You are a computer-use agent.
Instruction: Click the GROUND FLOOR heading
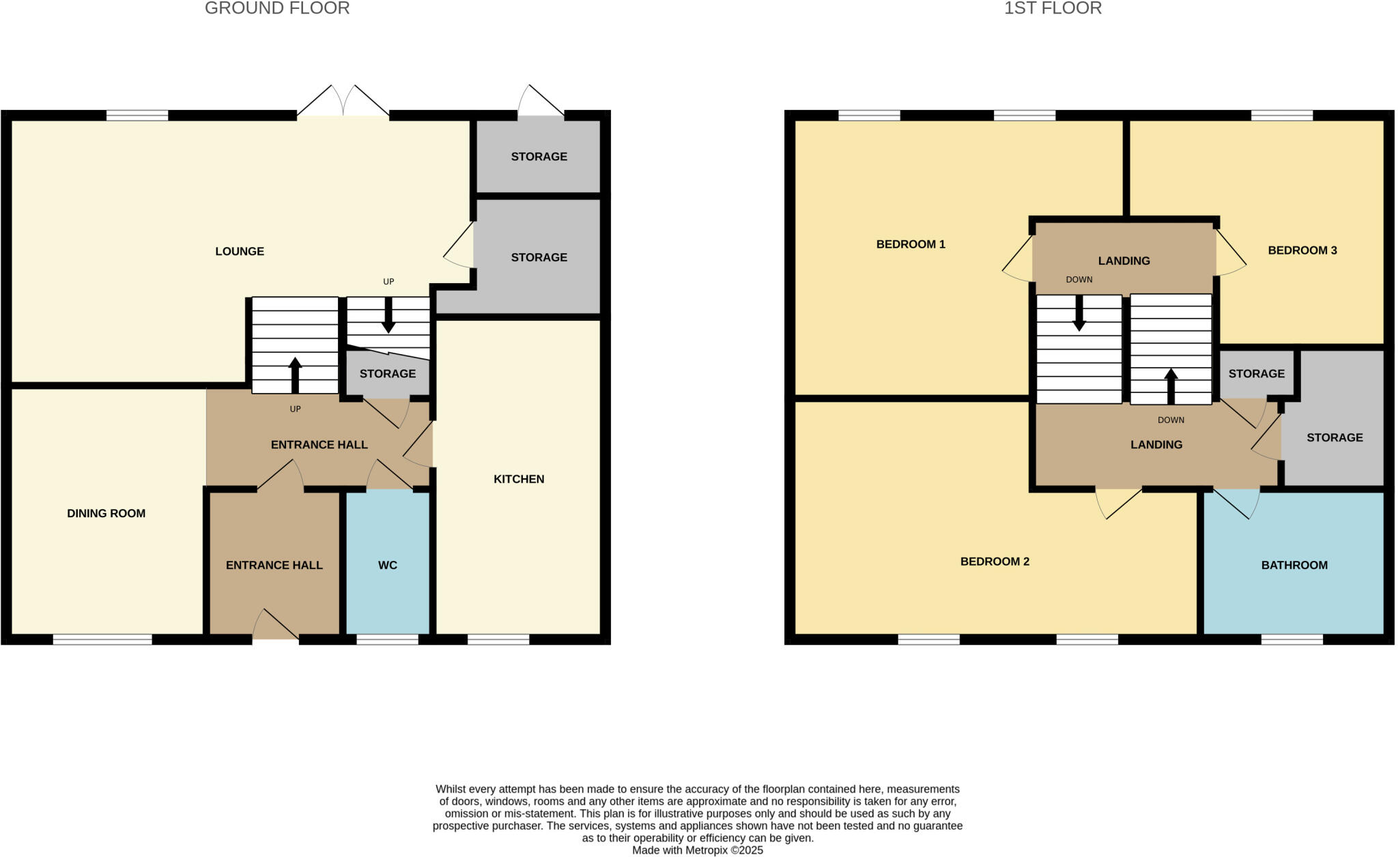pos(277,9)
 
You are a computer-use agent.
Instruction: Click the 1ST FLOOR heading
pos(1053,9)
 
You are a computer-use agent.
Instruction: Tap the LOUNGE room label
pos(240,252)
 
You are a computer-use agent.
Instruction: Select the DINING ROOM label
pos(106,514)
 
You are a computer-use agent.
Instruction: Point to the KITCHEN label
pos(519,480)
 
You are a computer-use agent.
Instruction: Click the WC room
pos(388,565)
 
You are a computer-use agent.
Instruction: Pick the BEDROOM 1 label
pos(911,244)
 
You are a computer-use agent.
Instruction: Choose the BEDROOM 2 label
pos(995,562)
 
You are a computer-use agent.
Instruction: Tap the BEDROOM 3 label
pos(1302,250)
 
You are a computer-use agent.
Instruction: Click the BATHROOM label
pos(1294,565)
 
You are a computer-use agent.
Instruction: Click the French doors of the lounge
pos(343,102)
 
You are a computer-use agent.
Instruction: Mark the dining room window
pos(102,639)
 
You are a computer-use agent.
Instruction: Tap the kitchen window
pos(498,639)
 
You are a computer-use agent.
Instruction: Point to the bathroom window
pos(1292,639)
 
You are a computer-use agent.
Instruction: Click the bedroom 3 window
pos(1281,115)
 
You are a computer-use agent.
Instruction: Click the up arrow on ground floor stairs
pos(295,375)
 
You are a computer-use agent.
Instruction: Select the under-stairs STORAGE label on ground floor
pos(388,374)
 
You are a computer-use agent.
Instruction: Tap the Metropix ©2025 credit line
pos(698,850)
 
